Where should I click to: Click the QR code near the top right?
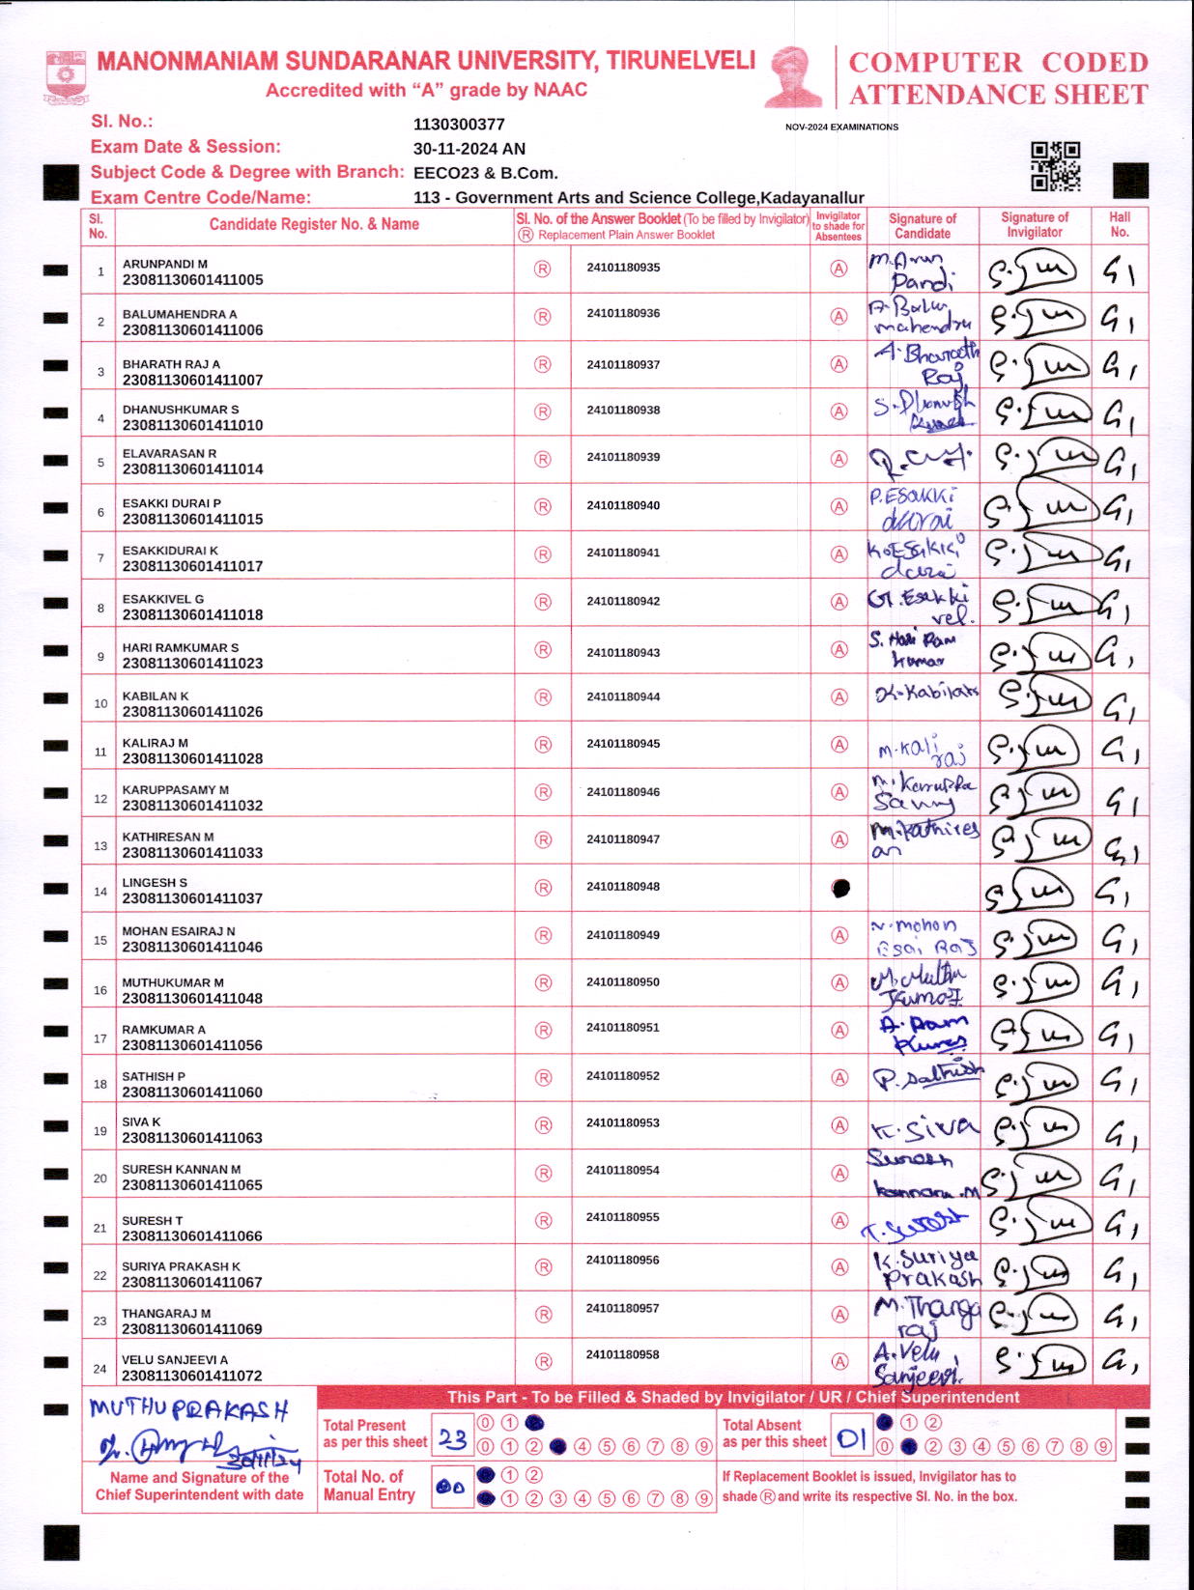[x=1055, y=166]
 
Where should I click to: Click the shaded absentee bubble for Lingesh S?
[x=840, y=888]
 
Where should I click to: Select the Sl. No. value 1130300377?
[x=459, y=125]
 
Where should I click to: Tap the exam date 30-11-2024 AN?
[x=469, y=149]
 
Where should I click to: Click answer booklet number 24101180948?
[x=623, y=887]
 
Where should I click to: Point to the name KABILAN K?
[x=156, y=696]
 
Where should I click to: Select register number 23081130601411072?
[x=192, y=1376]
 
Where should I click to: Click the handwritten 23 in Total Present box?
[x=452, y=1439]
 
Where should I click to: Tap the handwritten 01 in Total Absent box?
[x=851, y=1439]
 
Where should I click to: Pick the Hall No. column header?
[x=1120, y=225]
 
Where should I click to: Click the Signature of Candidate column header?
[x=923, y=226]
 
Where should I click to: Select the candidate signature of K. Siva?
[x=924, y=1127]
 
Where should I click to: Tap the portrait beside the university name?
[x=795, y=76]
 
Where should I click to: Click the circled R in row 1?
[x=543, y=270]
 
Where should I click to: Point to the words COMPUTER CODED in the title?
[x=998, y=63]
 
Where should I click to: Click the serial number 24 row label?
[x=99, y=1369]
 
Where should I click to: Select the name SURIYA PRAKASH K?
[x=181, y=1266]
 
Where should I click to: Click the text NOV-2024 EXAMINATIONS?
[x=841, y=127]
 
